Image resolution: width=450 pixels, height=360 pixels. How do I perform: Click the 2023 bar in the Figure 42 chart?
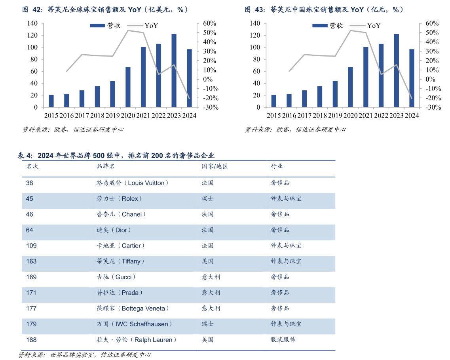[x=174, y=70]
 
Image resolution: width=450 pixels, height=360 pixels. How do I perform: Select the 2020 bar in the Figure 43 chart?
[x=350, y=87]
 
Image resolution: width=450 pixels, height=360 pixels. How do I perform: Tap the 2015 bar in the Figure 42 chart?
[x=51, y=101]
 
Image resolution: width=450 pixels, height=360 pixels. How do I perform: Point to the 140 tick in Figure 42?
[x=33, y=23]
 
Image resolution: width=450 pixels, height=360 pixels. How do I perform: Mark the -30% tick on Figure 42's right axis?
[x=210, y=107]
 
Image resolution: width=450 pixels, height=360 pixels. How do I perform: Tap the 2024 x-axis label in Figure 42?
[x=189, y=115]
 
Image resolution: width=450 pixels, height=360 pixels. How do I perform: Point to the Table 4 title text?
[x=116, y=155]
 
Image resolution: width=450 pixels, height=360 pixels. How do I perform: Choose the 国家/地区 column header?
[x=215, y=166]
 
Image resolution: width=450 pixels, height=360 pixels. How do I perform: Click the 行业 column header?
[x=277, y=166]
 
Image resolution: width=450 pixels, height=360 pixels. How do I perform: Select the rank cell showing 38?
[x=30, y=183]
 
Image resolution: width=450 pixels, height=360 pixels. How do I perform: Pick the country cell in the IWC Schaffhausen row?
[x=208, y=324]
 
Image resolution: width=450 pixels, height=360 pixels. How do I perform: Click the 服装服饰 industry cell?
[x=283, y=340]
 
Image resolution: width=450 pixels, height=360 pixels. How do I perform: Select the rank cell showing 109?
[x=31, y=246]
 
